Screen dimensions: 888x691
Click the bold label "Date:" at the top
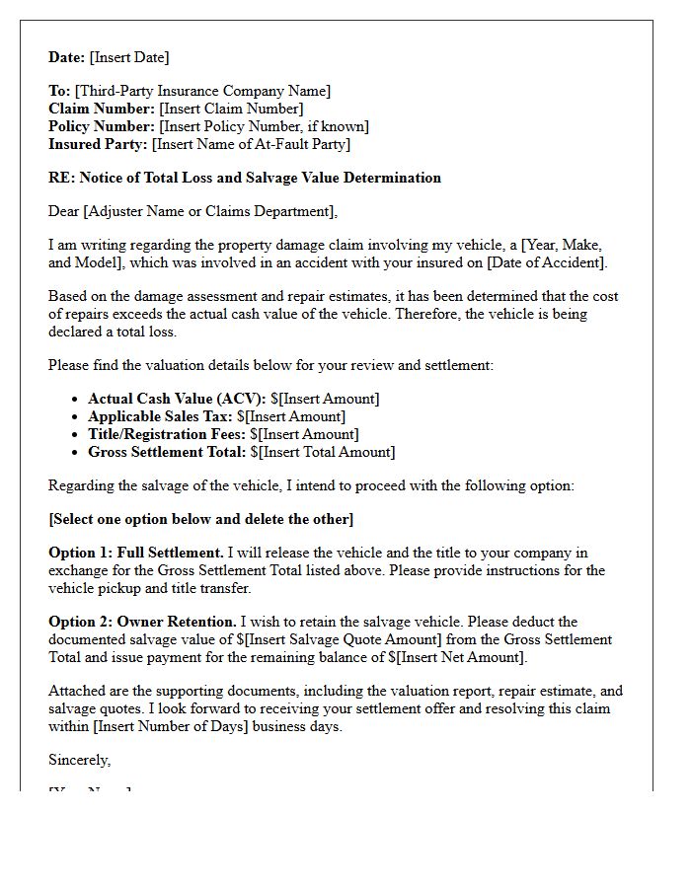click(67, 57)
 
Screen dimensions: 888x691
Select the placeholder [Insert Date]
click(129, 57)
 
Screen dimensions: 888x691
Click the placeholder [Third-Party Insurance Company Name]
click(202, 91)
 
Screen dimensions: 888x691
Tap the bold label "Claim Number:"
click(102, 109)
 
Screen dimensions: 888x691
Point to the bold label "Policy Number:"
click(102, 126)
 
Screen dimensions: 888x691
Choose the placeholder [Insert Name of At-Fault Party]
click(251, 144)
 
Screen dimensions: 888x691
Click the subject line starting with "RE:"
click(245, 178)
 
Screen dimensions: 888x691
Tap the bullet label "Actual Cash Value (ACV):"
click(177, 399)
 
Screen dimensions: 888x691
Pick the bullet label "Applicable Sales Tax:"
click(160, 416)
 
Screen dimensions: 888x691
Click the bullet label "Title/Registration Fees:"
click(167, 434)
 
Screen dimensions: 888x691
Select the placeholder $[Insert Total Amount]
click(323, 452)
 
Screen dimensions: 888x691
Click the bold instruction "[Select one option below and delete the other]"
click(200, 519)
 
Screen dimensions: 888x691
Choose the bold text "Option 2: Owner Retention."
click(142, 622)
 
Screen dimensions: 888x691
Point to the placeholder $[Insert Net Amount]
click(445, 657)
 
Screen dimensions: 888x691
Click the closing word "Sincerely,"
click(80, 760)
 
